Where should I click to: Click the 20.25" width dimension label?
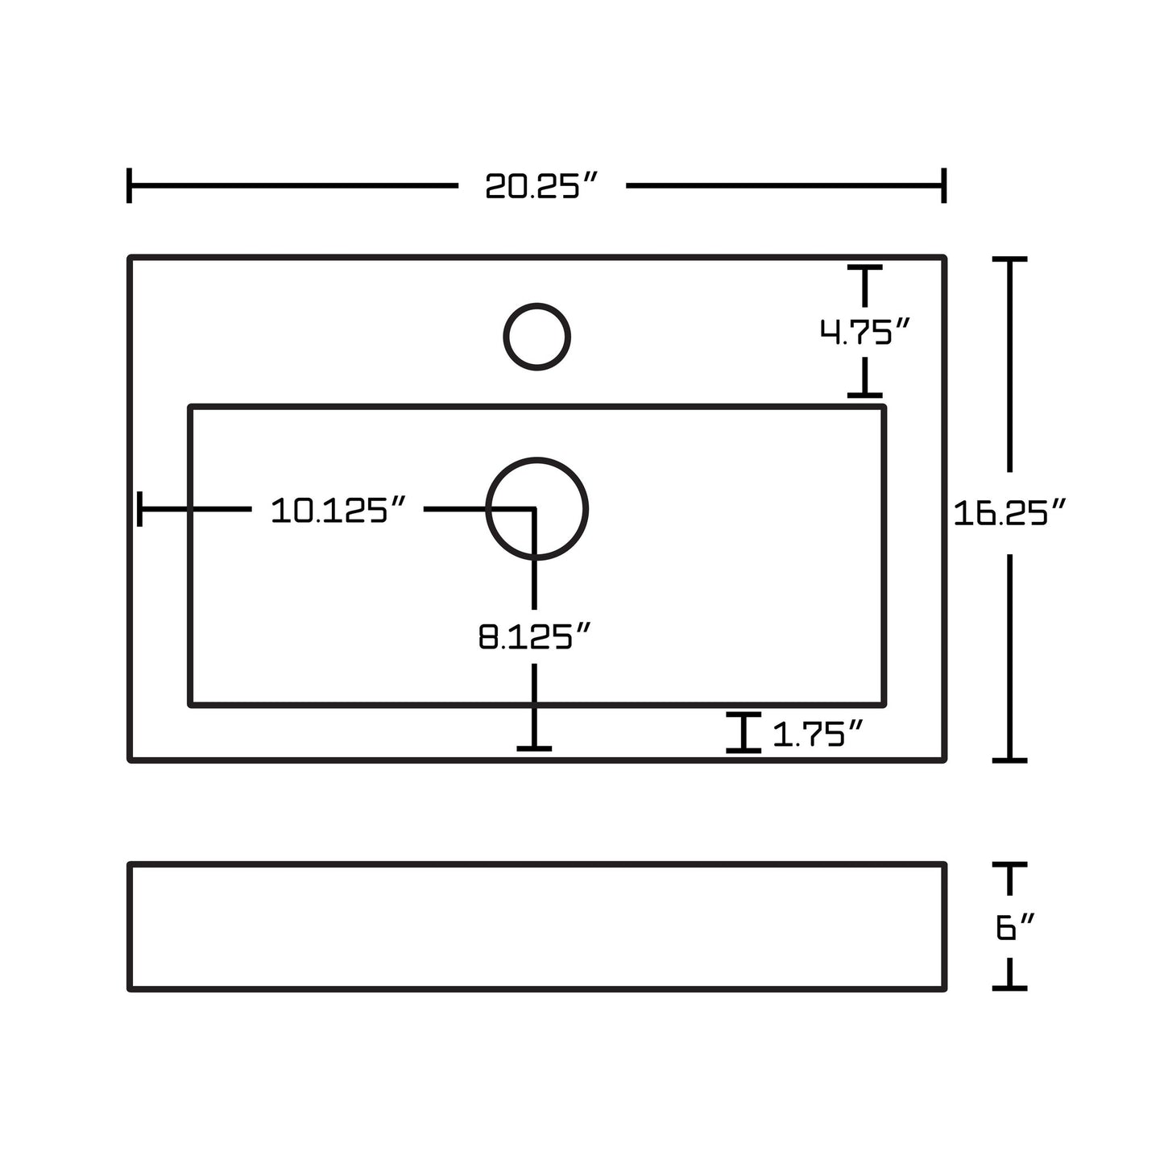[x=541, y=185]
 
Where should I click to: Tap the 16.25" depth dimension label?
[x=1009, y=513]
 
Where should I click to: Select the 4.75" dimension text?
[x=864, y=332]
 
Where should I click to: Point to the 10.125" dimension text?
[x=338, y=510]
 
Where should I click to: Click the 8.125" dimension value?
[x=534, y=636]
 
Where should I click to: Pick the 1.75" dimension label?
[x=818, y=734]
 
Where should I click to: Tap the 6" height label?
[x=1015, y=927]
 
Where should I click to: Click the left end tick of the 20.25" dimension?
[x=129, y=185]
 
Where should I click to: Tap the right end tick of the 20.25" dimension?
[x=944, y=185]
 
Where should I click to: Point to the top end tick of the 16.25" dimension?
[x=1009, y=259]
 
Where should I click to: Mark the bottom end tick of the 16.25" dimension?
[x=1009, y=760]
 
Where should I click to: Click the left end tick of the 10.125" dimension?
[x=139, y=509]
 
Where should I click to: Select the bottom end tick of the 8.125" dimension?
[x=534, y=749]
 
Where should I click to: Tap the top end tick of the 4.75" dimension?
[x=864, y=267]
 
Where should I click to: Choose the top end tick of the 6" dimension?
[x=1009, y=865]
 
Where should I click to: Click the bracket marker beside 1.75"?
[x=743, y=733]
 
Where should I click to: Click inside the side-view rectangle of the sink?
[x=536, y=927]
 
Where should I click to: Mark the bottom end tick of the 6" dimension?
[x=1009, y=988]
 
